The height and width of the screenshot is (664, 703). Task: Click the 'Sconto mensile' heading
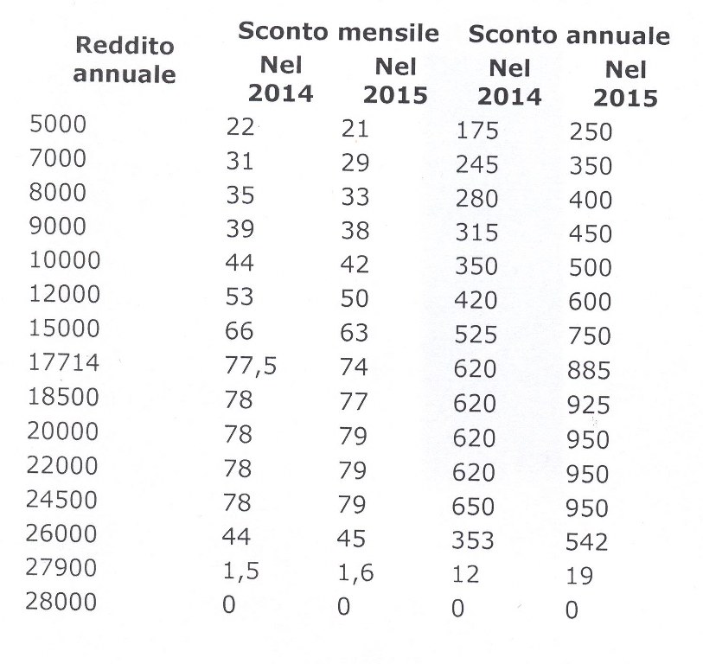pyautogui.click(x=338, y=31)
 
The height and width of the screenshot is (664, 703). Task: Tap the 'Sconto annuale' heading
pyautogui.click(x=569, y=35)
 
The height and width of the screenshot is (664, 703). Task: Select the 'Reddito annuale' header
pyautogui.click(x=125, y=60)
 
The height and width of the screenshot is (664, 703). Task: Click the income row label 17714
pyautogui.click(x=64, y=362)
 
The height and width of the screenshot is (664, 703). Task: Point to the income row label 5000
pyautogui.click(x=58, y=124)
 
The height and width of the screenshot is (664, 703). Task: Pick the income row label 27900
pyautogui.click(x=61, y=567)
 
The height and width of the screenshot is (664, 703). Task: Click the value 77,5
pyautogui.click(x=251, y=366)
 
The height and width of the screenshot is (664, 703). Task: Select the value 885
pyautogui.click(x=589, y=370)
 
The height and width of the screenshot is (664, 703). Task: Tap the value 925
pyautogui.click(x=588, y=405)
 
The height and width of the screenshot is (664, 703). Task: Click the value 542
pyautogui.click(x=587, y=541)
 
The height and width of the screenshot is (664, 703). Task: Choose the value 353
pyautogui.click(x=472, y=540)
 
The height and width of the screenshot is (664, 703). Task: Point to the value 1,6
pyautogui.click(x=355, y=572)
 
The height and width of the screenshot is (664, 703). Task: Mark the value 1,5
pyautogui.click(x=240, y=571)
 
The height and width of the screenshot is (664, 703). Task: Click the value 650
pyautogui.click(x=473, y=506)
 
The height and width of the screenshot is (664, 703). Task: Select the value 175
pyautogui.click(x=477, y=131)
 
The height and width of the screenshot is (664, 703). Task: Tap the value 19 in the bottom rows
pyautogui.click(x=579, y=576)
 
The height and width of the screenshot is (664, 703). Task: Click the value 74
pyautogui.click(x=354, y=367)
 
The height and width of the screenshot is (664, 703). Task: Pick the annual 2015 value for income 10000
pyautogui.click(x=591, y=267)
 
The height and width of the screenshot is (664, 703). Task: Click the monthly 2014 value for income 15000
pyautogui.click(x=239, y=331)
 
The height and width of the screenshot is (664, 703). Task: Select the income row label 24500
pyautogui.click(x=61, y=499)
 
